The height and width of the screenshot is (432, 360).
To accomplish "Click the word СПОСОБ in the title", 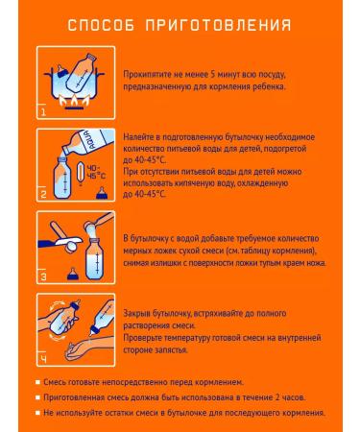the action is pyautogui.click(x=101, y=25).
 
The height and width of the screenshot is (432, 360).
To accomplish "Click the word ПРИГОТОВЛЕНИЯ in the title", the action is pyautogui.click(x=218, y=25).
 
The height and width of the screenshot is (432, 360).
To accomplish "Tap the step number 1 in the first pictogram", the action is pyautogui.click(x=43, y=112).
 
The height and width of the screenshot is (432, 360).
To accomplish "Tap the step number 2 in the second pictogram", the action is pyautogui.click(x=43, y=194).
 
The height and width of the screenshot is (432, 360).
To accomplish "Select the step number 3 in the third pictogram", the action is pyautogui.click(x=43, y=276).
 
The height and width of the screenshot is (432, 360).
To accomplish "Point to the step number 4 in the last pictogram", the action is pyautogui.click(x=43, y=359).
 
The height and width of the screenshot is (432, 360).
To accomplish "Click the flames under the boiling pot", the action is pyautogui.click(x=75, y=101).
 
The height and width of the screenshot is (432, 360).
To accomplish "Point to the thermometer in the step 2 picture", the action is pyautogui.click(x=81, y=174).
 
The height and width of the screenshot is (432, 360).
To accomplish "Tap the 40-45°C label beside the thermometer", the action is pyautogui.click(x=96, y=172).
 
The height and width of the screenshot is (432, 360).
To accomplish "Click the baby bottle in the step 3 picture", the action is pyautogui.click(x=95, y=259).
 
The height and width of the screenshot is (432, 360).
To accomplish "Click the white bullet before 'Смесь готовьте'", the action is pyautogui.click(x=37, y=382).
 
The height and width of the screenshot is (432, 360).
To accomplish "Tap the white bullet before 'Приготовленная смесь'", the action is pyautogui.click(x=37, y=397).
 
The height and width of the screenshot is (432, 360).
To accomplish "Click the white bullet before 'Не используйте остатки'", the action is pyautogui.click(x=37, y=413).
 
